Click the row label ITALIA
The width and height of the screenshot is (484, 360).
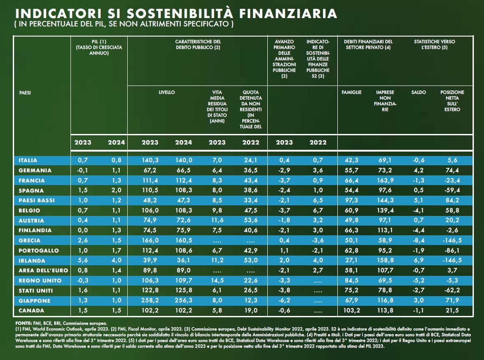28,160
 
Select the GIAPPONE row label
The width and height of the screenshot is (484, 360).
34,301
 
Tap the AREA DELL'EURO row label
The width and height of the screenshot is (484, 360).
39,270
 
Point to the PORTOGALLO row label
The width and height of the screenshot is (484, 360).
39,250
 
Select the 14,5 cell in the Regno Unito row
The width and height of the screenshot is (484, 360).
217,281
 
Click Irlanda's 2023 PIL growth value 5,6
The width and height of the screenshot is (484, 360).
83,260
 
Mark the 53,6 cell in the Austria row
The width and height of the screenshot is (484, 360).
251,220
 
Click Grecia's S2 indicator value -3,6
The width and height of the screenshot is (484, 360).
318,241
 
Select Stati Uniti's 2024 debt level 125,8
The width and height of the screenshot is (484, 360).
184,290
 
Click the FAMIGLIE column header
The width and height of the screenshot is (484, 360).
351,93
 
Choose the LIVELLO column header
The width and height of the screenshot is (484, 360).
167,93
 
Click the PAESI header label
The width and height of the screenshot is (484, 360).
25,93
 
